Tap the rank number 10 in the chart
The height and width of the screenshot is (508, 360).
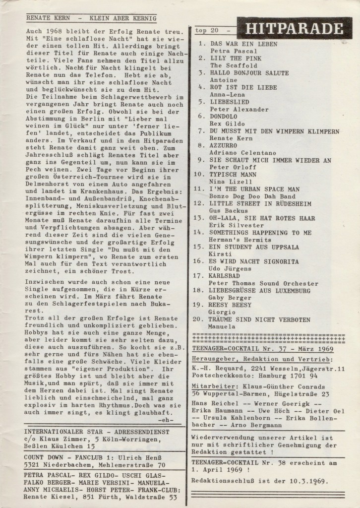point(198,175)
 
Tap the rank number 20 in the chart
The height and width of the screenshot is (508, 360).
point(198,319)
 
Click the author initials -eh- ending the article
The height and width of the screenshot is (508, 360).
point(165,420)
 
